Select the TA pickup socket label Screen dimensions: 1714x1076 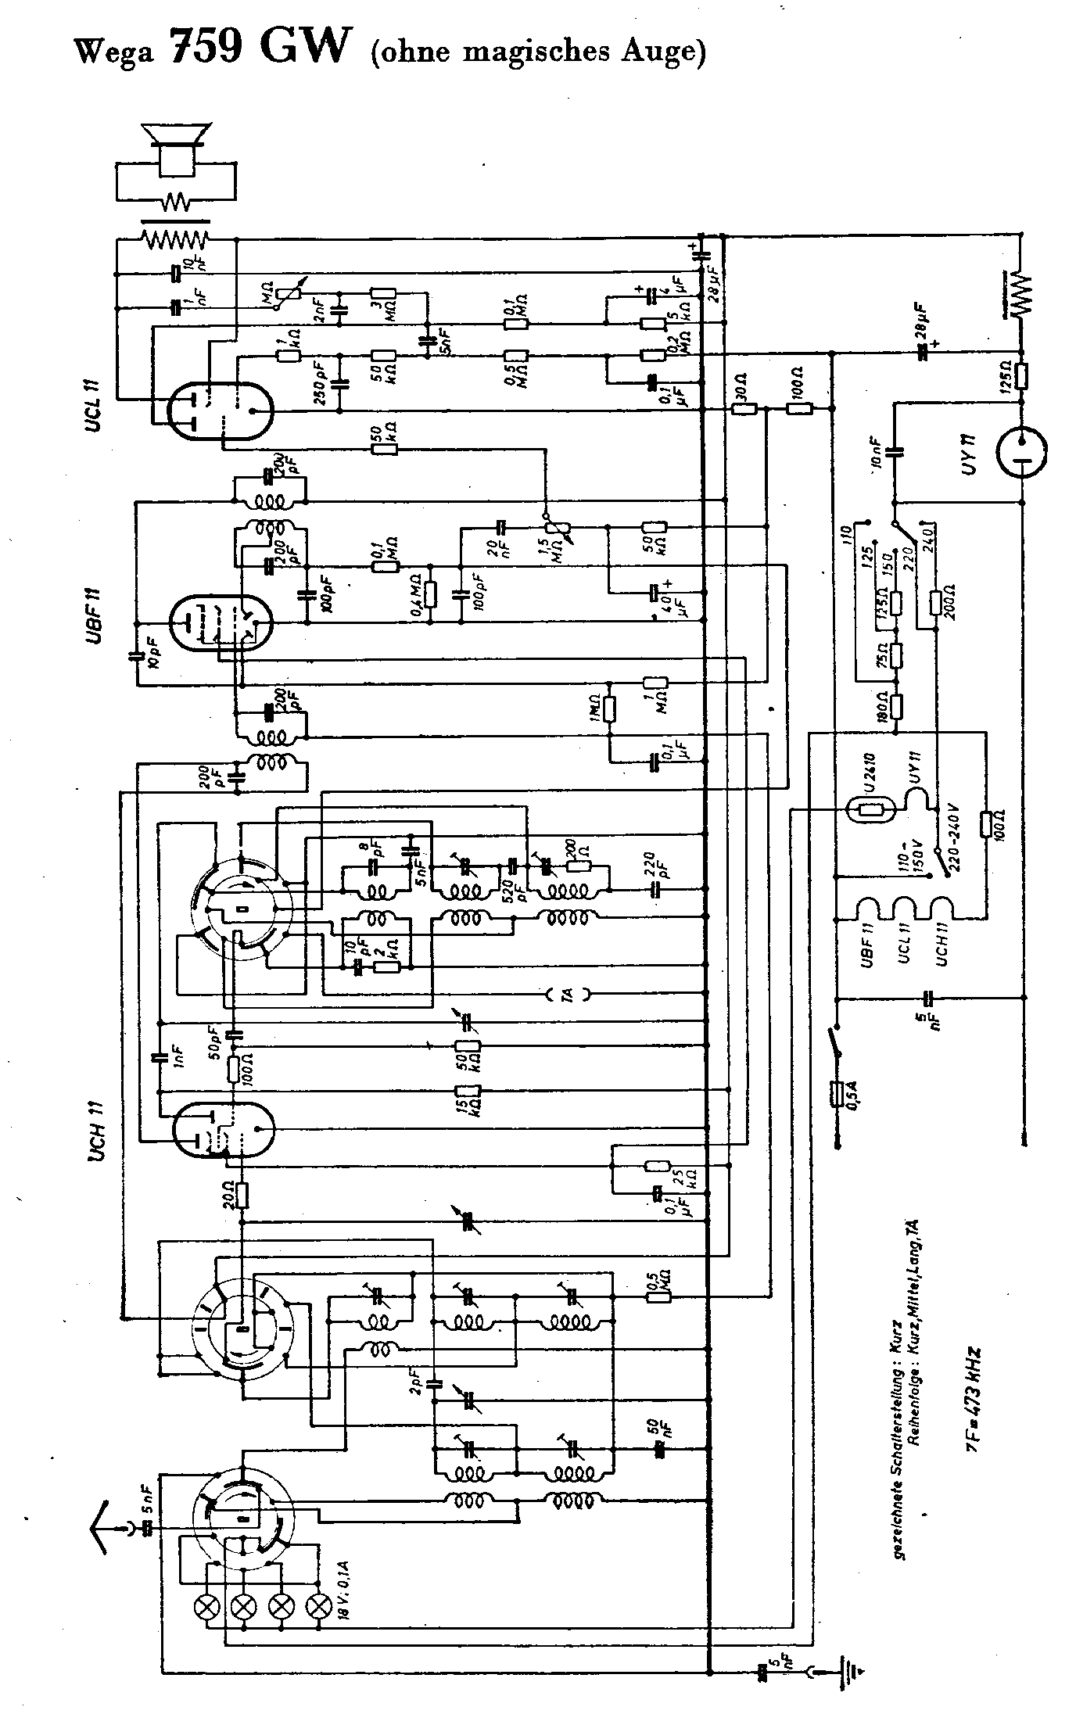[568, 995]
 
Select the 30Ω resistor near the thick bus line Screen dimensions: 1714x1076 [744, 408]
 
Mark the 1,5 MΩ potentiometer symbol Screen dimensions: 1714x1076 [555, 529]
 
